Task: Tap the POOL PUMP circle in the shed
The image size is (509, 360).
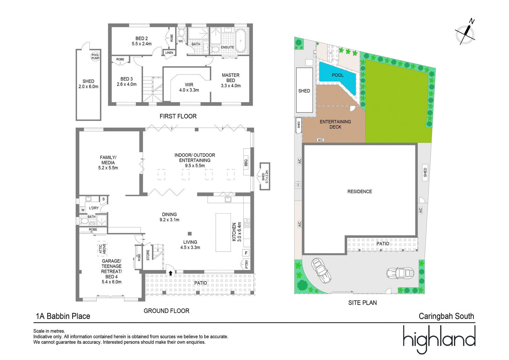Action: (95, 56)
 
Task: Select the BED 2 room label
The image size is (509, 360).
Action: (142, 39)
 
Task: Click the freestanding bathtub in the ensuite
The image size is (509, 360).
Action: (241, 41)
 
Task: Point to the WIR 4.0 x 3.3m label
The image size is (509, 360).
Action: (189, 87)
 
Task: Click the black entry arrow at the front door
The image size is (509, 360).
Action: (171, 273)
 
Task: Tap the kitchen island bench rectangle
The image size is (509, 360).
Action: (223, 232)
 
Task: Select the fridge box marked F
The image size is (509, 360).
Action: (246, 253)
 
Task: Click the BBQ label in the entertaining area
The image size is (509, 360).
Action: (246, 163)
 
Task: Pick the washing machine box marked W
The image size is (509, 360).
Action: (83, 210)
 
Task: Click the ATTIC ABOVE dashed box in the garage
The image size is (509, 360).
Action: (102, 249)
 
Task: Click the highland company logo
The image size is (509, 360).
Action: (439, 339)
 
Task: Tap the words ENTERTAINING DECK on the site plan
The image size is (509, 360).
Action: (335, 124)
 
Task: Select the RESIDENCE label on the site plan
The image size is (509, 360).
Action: (359, 192)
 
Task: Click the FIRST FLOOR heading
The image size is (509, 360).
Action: (178, 116)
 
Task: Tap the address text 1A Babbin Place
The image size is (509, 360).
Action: (63, 316)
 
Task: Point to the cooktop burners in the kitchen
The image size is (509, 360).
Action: (247, 223)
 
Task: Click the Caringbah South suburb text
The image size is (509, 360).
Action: (446, 316)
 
